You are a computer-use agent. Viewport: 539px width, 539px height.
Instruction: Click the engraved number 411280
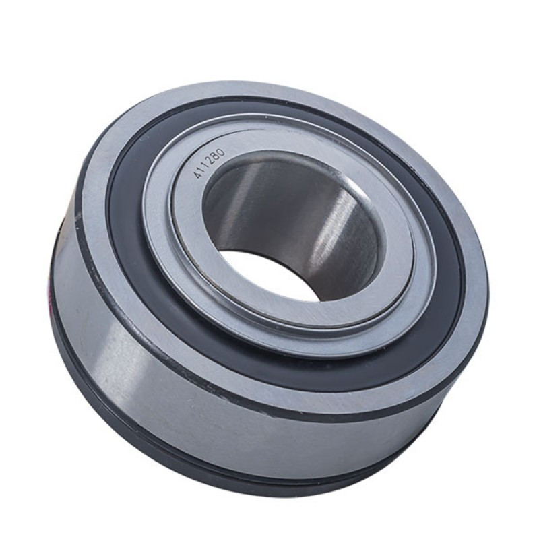pyautogui.click(x=210, y=163)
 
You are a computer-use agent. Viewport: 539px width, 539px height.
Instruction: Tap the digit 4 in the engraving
pyautogui.click(x=197, y=175)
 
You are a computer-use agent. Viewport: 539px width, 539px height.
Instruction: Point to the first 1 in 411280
pyautogui.click(x=202, y=170)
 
